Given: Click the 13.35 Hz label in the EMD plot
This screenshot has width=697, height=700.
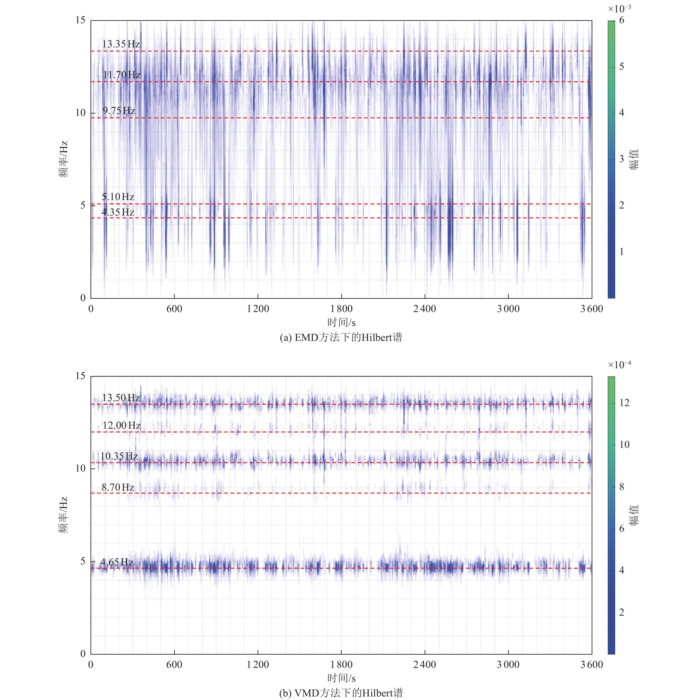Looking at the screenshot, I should [121, 44].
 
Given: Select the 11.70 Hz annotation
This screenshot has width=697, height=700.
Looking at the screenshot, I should [121, 75].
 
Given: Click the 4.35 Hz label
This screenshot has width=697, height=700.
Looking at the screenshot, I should [118, 212].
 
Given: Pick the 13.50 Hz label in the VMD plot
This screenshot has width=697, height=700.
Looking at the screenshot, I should [121, 398].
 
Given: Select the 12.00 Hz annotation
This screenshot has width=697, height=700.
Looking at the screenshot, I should [121, 425].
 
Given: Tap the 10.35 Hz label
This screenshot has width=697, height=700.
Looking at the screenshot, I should [119, 456].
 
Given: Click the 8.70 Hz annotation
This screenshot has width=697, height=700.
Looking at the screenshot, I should [118, 487].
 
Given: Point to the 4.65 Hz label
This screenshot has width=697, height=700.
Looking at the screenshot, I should [117, 562].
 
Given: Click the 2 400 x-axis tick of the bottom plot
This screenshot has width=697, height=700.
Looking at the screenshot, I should [425, 665].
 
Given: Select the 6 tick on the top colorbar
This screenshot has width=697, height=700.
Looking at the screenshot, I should [622, 20].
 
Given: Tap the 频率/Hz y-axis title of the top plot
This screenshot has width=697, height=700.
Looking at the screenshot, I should [64, 159].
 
